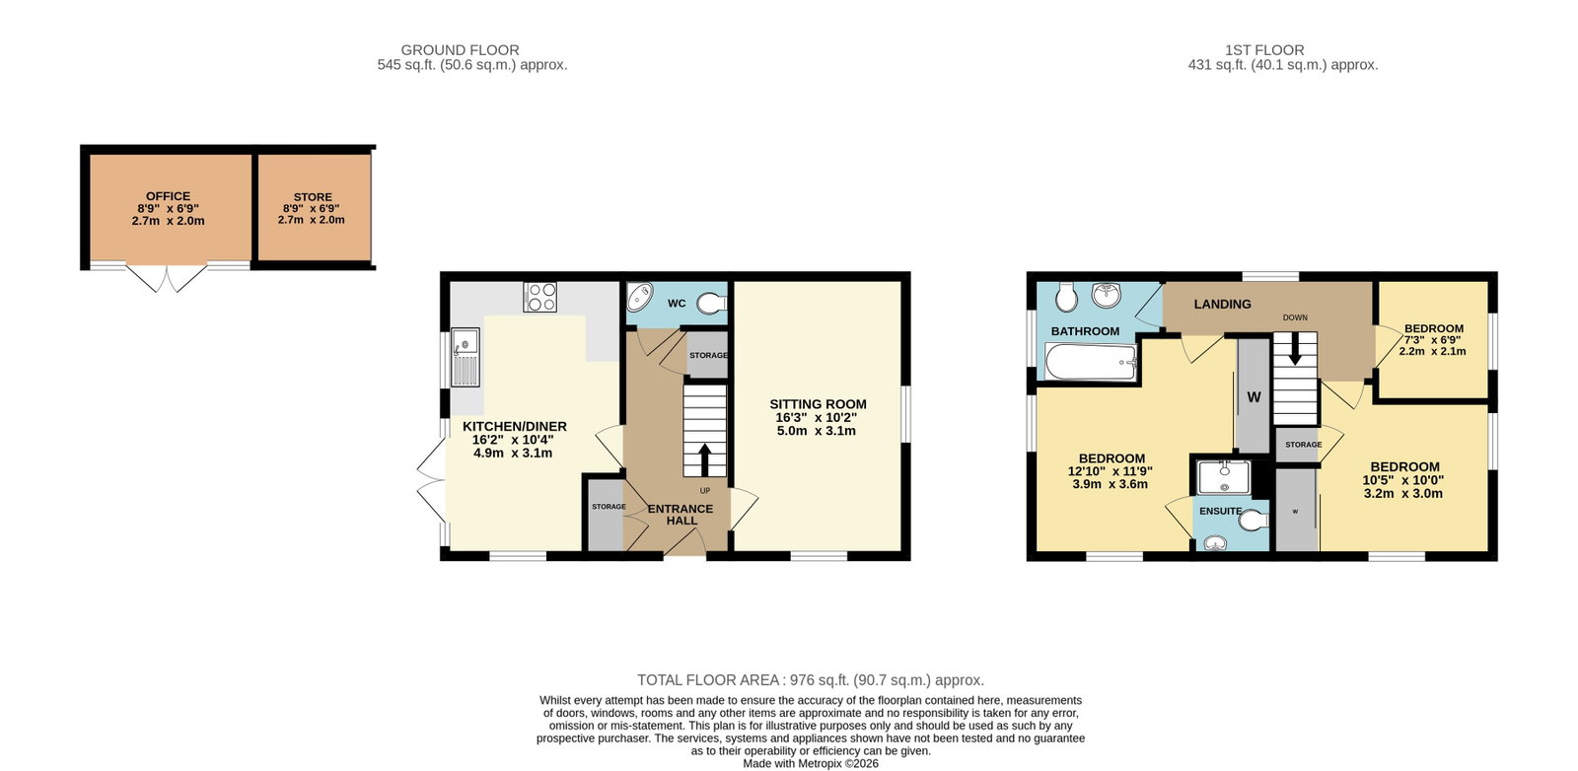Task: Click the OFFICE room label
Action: (168, 196)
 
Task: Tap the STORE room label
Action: (313, 197)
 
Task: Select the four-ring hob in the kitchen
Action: (539, 297)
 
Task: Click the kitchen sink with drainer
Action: (465, 357)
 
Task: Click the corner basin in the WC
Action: (640, 297)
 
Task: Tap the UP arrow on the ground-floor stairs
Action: (704, 459)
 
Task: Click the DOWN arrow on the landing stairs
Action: (1295, 349)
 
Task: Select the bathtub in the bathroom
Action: (1091, 362)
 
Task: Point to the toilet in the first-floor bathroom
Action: (1066, 298)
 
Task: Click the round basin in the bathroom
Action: (1106, 295)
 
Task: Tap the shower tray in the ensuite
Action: (1224, 477)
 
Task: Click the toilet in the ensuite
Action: (1254, 521)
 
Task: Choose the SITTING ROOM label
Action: (818, 404)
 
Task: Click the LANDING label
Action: (1222, 305)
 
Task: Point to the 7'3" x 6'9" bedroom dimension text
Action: (1434, 339)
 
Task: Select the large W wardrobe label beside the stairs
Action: (1254, 397)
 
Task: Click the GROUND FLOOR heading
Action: (460, 50)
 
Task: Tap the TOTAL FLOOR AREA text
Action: (708, 680)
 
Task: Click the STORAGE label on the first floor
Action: (1303, 445)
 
